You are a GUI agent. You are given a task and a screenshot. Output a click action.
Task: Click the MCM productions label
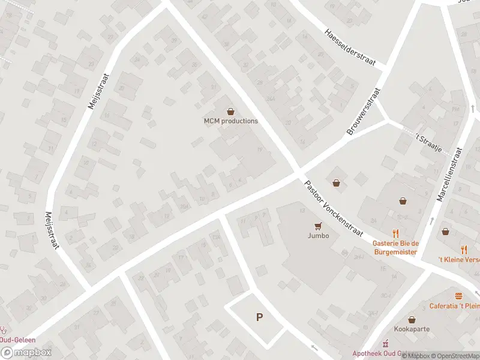(230, 121)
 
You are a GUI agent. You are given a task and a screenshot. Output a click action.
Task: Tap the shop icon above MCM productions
(230, 111)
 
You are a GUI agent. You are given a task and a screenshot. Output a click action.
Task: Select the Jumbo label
(319, 236)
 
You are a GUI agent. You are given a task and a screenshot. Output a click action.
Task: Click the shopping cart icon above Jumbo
(319, 226)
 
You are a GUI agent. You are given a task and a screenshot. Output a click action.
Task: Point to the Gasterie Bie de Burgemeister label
(395, 248)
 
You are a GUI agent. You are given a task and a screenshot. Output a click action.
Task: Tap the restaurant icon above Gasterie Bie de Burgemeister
(395, 233)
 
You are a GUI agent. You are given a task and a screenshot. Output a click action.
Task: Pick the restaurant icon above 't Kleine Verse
(464, 249)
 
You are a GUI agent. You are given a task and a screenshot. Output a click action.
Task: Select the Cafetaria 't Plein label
(454, 306)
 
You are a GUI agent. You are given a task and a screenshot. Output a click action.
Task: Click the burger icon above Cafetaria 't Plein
(459, 296)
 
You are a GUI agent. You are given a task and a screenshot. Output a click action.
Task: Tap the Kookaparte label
(412, 329)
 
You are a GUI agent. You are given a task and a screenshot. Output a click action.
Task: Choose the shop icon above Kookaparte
(412, 319)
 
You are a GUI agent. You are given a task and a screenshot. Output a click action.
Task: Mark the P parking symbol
(259, 317)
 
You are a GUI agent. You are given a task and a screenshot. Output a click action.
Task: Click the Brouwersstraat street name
(364, 112)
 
